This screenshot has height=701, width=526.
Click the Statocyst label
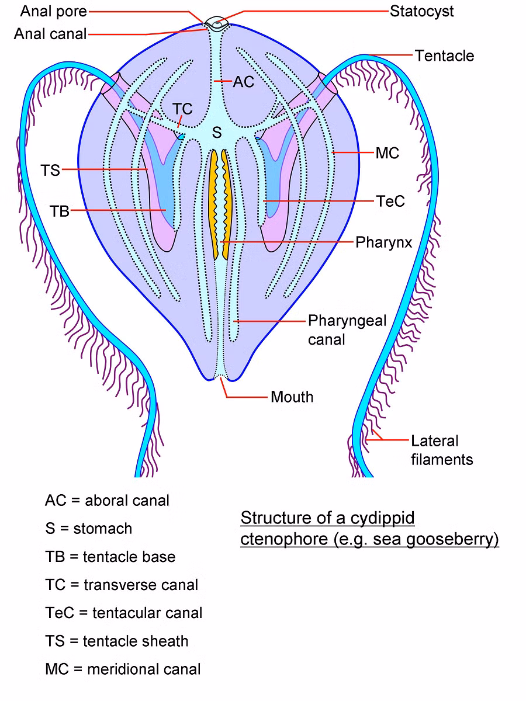(x=421, y=11)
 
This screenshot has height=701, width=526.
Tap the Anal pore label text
(x=54, y=11)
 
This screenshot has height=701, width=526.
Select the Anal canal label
(x=50, y=34)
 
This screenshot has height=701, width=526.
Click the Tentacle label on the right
(x=444, y=56)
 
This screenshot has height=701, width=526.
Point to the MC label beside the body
(x=387, y=153)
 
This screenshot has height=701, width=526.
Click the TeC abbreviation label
(x=390, y=202)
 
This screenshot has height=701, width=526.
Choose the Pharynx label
(x=383, y=242)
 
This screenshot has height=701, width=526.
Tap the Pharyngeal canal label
(x=347, y=329)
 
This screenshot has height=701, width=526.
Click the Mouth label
(x=292, y=397)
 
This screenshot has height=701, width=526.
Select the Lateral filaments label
(x=441, y=450)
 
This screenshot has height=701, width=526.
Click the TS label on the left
(x=50, y=170)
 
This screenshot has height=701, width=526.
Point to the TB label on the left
(x=60, y=211)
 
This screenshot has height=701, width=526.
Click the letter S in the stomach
(x=217, y=133)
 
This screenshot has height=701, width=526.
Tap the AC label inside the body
(x=244, y=82)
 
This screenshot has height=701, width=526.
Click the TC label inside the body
(x=182, y=109)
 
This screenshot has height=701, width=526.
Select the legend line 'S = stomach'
(x=88, y=529)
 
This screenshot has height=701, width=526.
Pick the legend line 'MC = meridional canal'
(x=123, y=669)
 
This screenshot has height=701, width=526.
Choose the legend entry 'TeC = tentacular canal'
(x=123, y=613)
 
